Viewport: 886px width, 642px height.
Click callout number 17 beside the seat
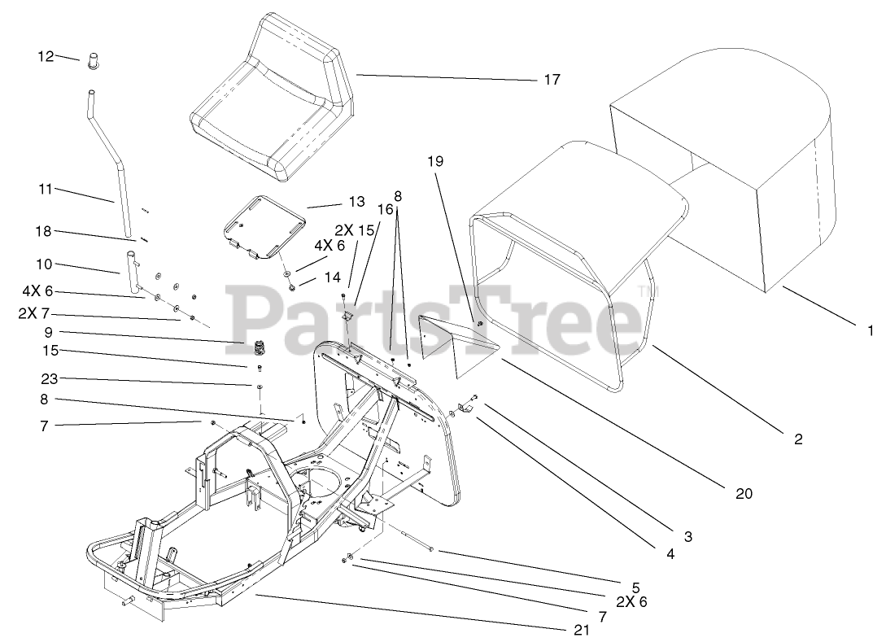pos(552,80)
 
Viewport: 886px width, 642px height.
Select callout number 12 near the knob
pos(46,56)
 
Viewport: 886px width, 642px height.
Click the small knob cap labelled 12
pos(93,61)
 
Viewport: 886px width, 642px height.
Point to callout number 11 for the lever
pos(46,189)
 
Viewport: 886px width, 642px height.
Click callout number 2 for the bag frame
pos(798,439)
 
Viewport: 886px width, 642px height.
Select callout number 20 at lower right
pos(744,493)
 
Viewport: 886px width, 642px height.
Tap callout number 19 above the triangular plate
pos(436,161)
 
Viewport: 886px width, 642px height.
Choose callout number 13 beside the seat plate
pos(357,202)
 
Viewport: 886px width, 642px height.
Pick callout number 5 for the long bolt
pos(635,586)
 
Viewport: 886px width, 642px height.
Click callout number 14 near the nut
pos(333,277)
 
